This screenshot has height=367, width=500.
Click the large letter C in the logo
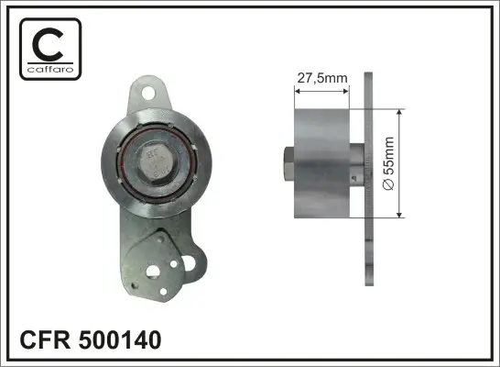48,44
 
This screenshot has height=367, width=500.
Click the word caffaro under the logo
50,70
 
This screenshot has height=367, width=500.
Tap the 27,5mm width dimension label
322,78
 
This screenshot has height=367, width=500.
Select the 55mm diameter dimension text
389,156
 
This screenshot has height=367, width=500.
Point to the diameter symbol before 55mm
388,184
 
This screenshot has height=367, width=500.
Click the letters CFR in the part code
45,339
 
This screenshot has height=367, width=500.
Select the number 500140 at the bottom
120,339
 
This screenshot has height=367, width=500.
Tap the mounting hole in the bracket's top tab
148,93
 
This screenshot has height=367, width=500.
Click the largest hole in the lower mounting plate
153,272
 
